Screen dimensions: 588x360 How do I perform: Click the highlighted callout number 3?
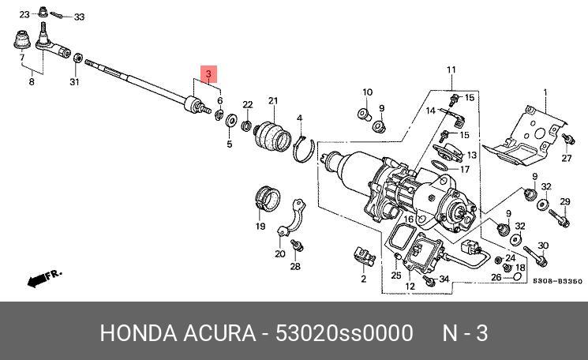[208, 75]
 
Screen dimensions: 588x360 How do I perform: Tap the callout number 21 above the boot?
[273, 101]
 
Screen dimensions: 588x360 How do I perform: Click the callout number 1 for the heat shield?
[545, 92]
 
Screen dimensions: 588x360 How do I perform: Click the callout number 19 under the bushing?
[260, 227]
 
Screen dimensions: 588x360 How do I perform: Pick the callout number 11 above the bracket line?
[451, 71]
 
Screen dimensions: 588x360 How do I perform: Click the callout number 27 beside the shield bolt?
[566, 159]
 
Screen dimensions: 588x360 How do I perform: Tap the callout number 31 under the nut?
[74, 81]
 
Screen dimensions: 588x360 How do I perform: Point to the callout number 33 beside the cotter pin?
[79, 17]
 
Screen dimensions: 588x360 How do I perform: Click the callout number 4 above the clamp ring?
[300, 120]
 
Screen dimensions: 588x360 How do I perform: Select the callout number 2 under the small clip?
[364, 279]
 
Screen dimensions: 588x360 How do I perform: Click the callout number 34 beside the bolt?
[444, 279]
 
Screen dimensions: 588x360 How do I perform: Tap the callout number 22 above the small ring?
[247, 105]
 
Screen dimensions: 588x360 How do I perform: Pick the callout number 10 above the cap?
[367, 92]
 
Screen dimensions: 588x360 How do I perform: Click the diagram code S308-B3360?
[556, 281]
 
